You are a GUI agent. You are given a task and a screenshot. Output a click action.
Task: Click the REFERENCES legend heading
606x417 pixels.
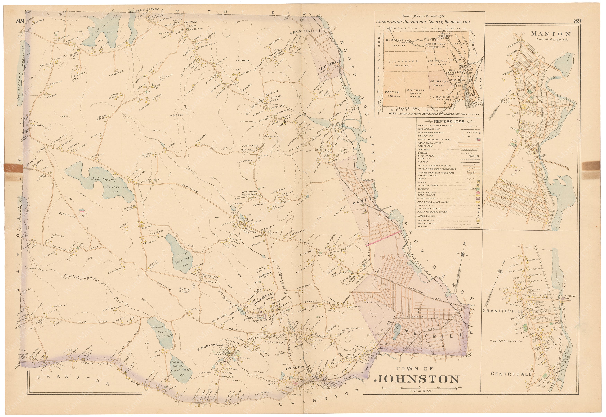(449, 122)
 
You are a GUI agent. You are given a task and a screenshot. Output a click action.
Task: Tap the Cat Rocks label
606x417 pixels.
(243, 60)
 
